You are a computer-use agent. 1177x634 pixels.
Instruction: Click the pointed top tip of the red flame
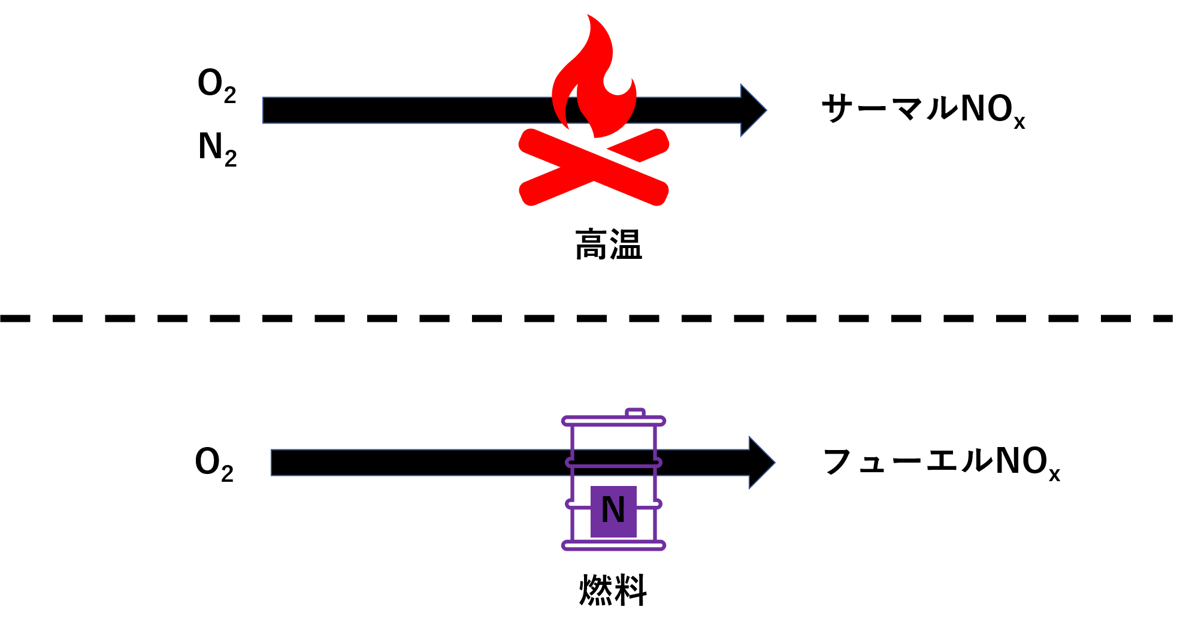click(589, 16)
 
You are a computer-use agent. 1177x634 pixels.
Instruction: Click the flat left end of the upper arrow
click(264, 110)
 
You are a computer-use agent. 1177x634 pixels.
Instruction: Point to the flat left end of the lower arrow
click(273, 463)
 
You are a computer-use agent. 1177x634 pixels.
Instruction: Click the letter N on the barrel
click(613, 511)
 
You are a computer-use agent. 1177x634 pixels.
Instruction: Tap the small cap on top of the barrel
click(635, 412)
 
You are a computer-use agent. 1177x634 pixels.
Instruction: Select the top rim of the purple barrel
click(613, 421)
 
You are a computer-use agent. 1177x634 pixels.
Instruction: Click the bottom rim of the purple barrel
click(613, 545)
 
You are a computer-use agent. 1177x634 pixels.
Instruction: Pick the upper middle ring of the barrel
click(613, 463)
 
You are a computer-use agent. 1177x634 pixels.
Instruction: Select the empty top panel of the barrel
click(613, 442)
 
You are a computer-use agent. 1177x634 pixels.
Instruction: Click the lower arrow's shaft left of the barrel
click(419, 463)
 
